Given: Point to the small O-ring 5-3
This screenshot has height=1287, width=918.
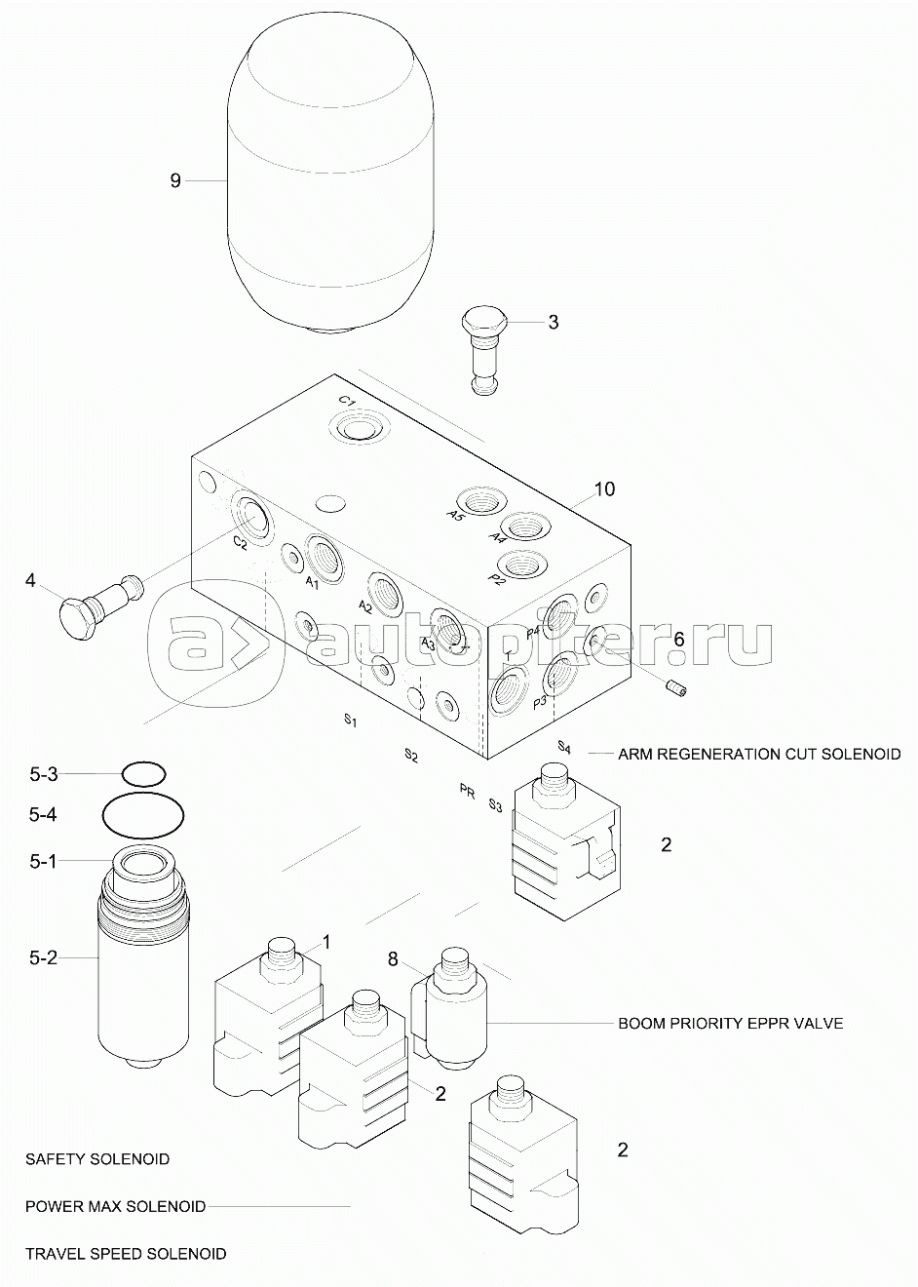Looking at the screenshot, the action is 143,774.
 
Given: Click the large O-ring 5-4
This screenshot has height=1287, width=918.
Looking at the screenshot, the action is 143,815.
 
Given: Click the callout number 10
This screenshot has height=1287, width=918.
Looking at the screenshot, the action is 604,488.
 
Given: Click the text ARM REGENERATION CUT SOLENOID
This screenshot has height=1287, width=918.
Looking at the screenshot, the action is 759,754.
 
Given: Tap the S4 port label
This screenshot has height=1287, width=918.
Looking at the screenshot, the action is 564,747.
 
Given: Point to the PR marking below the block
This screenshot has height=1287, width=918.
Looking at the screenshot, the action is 468,791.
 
